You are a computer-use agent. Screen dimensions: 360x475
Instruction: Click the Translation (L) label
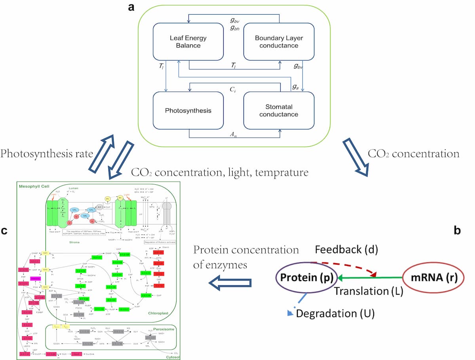pyautogui.click(x=368, y=291)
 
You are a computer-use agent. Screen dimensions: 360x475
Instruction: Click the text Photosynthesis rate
pyautogui.click(x=47, y=153)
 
